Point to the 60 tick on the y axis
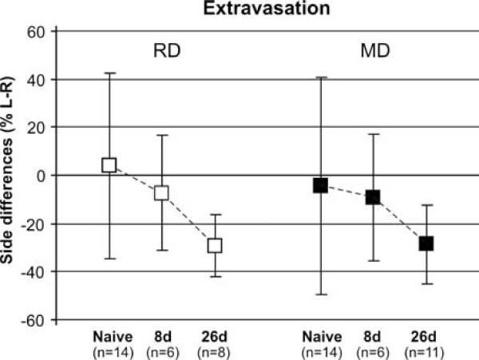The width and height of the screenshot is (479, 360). coord(40,32)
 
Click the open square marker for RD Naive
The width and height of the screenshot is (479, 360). coord(109,165)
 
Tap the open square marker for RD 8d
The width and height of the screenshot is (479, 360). coord(161,192)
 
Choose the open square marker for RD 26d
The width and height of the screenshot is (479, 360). coord(214,245)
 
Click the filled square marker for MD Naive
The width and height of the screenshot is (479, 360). coord(320,185)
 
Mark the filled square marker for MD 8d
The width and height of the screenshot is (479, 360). coord(372,197)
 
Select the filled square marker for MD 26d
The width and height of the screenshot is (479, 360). coord(426,243)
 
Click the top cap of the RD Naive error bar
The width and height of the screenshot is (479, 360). coord(109,73)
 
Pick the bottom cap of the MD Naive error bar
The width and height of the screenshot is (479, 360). coord(320,295)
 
